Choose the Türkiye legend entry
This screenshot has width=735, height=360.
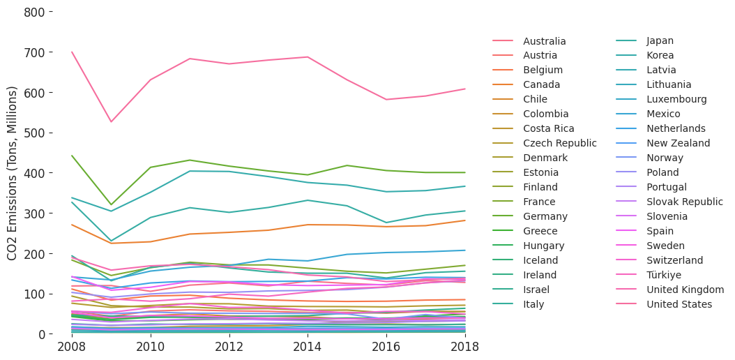[x=666, y=275]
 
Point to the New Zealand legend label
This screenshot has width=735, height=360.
[x=678, y=143]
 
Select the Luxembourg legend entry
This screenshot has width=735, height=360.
[x=676, y=100]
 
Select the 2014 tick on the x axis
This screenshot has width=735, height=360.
[x=308, y=347]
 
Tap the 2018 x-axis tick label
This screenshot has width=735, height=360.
[x=465, y=347]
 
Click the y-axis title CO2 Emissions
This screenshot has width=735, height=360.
[x=13, y=173]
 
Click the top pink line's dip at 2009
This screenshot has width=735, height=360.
[x=110, y=122]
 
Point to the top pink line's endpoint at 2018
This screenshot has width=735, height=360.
[x=465, y=89]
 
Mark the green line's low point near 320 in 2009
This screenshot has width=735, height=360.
[x=110, y=205]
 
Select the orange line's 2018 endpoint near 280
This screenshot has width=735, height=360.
[x=465, y=220]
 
